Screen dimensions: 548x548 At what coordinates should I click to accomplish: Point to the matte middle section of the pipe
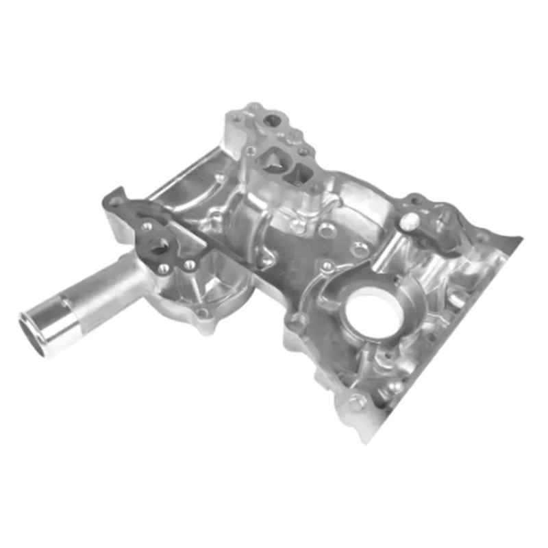click(x=103, y=291)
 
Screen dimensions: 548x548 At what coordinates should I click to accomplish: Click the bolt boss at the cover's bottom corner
click(x=356, y=403)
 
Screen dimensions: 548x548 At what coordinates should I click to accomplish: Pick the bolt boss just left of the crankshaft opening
click(x=299, y=319)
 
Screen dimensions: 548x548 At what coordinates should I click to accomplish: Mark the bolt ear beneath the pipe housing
click(x=202, y=315)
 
